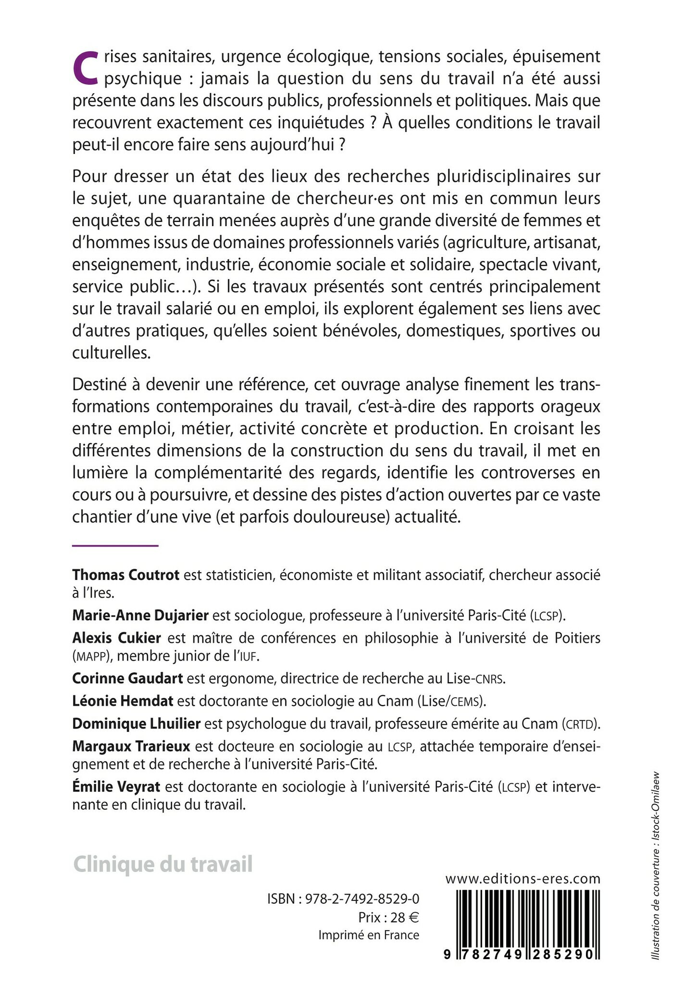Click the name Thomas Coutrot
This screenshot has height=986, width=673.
(x=125, y=575)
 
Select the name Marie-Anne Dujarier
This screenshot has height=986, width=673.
(x=140, y=615)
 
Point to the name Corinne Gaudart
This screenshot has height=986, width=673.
(x=127, y=679)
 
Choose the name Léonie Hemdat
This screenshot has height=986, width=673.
(x=123, y=701)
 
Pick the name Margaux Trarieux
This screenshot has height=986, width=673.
(x=131, y=746)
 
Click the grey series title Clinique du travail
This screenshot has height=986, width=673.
(x=162, y=864)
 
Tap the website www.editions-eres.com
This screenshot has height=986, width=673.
(x=523, y=879)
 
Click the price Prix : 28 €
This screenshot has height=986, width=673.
(x=388, y=917)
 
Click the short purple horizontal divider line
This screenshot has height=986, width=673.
(x=115, y=545)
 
